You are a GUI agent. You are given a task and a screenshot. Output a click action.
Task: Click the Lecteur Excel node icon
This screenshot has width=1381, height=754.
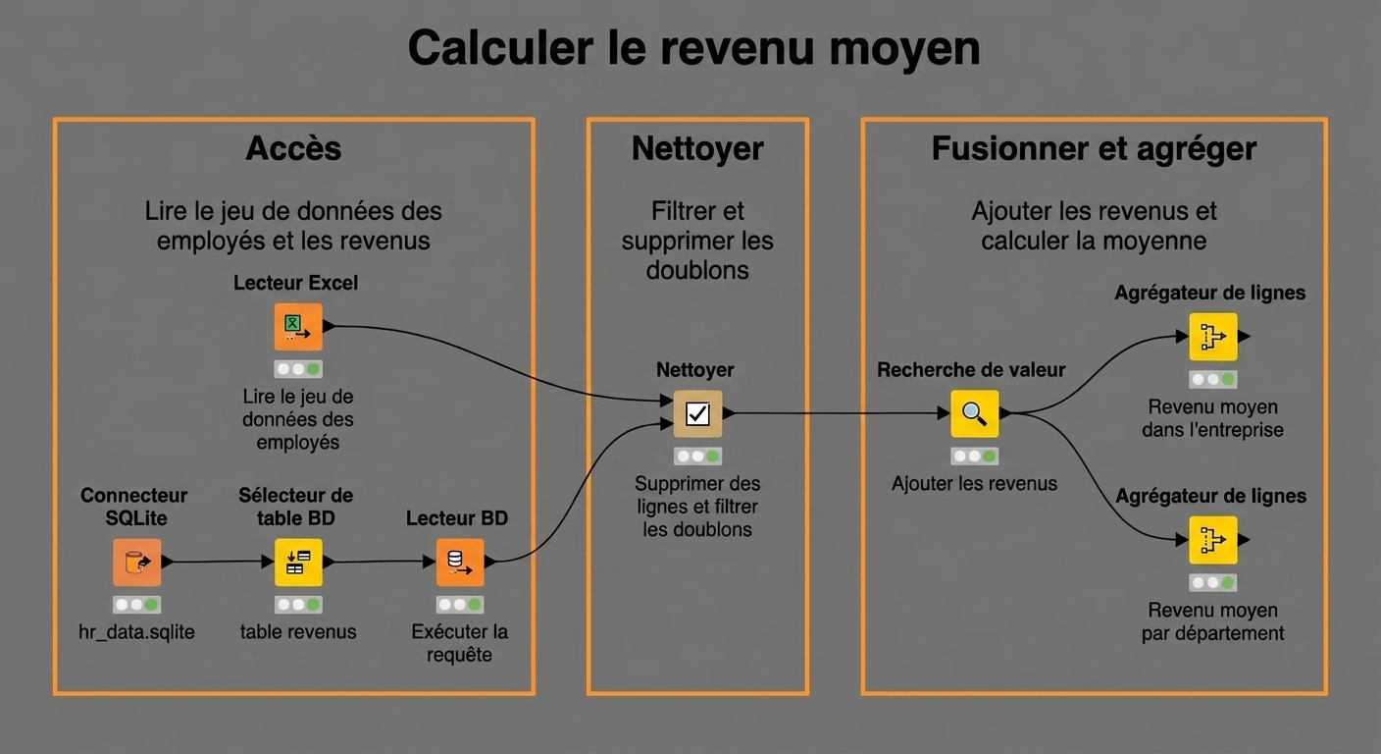point(298,326)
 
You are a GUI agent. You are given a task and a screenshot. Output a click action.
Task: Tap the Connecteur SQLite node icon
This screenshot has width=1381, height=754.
point(136,563)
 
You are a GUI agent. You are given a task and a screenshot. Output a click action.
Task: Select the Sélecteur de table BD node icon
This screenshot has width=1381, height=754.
point(298,563)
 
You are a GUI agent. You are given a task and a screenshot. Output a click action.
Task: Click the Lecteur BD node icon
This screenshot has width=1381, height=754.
point(459,563)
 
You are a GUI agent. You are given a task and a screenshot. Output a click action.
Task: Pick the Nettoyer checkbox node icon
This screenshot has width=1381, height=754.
point(697,413)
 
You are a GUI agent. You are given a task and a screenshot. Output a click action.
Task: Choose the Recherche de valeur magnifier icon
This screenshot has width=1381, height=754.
point(974,413)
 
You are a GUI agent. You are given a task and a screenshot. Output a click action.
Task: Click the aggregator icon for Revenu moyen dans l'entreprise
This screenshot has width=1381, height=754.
point(1212,337)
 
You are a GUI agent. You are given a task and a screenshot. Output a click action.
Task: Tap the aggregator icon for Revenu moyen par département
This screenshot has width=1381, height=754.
point(1212,540)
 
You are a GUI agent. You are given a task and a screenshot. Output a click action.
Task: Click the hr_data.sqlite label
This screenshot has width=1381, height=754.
point(136,632)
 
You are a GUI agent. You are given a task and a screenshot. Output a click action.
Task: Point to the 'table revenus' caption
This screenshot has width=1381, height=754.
point(298,632)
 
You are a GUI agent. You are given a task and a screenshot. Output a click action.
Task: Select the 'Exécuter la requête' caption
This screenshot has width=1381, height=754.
point(459,643)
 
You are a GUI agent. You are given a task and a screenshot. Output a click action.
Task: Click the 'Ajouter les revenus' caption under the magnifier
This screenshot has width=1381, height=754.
point(974,483)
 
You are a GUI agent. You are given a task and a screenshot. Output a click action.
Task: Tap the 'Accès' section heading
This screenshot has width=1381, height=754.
point(293,148)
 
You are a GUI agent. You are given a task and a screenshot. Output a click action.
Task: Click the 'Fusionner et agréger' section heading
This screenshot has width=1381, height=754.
point(1094,148)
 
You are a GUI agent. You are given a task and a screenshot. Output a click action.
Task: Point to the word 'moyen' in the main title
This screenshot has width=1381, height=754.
point(904,49)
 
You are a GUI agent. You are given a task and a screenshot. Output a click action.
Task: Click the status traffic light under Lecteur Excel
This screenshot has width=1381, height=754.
point(298,369)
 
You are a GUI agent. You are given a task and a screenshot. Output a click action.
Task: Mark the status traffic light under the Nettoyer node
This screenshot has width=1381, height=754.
point(698,456)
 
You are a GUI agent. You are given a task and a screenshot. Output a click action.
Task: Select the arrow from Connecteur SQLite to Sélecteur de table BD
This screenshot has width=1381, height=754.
point(217,562)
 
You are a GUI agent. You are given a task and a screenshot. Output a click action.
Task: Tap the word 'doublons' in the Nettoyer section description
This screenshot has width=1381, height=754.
point(697,270)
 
